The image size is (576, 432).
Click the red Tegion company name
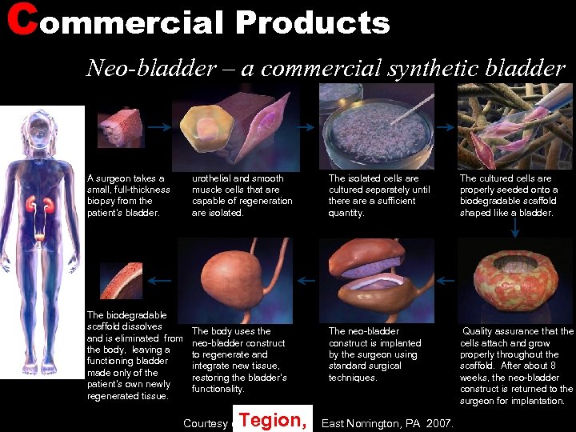coord(273,418)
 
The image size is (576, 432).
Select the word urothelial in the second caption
coord(215,178)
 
